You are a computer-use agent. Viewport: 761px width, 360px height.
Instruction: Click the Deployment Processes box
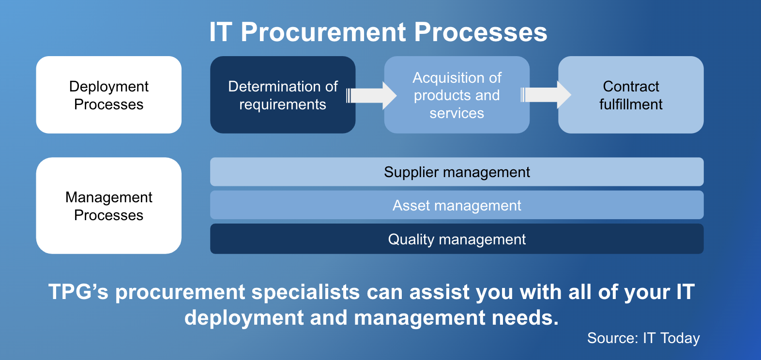click(x=109, y=95)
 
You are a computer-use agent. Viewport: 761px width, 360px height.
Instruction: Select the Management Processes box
click(x=109, y=206)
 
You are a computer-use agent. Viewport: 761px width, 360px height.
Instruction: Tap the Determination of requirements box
click(x=283, y=95)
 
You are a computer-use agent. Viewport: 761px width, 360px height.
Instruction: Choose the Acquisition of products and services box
click(x=457, y=95)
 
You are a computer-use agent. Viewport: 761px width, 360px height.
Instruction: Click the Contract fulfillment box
click(x=631, y=95)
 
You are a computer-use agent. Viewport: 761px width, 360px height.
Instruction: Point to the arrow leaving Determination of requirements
click(x=371, y=95)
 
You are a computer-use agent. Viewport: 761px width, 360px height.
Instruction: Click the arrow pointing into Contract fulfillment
click(x=546, y=95)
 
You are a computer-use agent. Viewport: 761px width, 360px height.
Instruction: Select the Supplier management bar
click(x=457, y=171)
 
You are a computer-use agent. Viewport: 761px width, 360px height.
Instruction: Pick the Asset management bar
click(x=457, y=205)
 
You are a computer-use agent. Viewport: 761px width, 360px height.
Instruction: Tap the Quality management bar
click(x=457, y=239)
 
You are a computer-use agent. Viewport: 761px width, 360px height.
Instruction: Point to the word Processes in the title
click(x=481, y=32)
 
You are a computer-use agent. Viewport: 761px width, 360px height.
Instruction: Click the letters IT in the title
click(x=221, y=32)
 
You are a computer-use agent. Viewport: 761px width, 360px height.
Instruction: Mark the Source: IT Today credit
click(x=643, y=338)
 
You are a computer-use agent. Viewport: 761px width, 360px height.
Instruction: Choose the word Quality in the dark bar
click(x=411, y=240)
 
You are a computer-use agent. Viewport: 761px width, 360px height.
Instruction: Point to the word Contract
click(x=631, y=86)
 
